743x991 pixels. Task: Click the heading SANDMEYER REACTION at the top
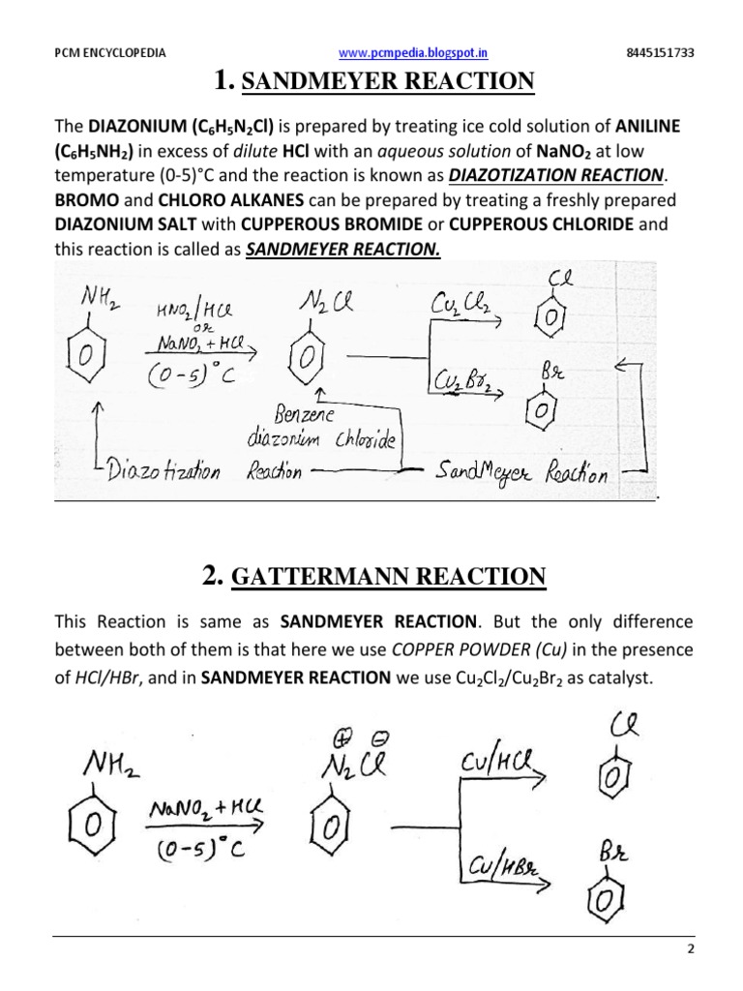click(x=387, y=82)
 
